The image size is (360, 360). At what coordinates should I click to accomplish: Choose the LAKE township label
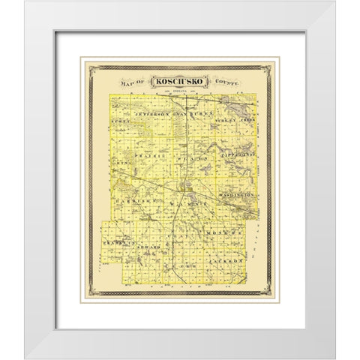180,264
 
